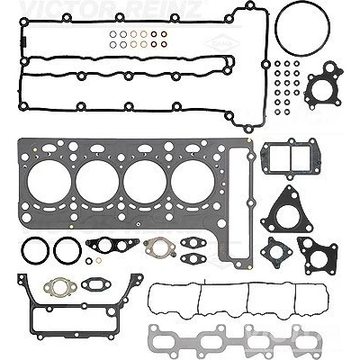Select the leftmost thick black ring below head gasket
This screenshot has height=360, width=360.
22,251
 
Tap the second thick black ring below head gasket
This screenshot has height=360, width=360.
55,251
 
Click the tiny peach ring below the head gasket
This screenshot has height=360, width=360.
98,261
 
